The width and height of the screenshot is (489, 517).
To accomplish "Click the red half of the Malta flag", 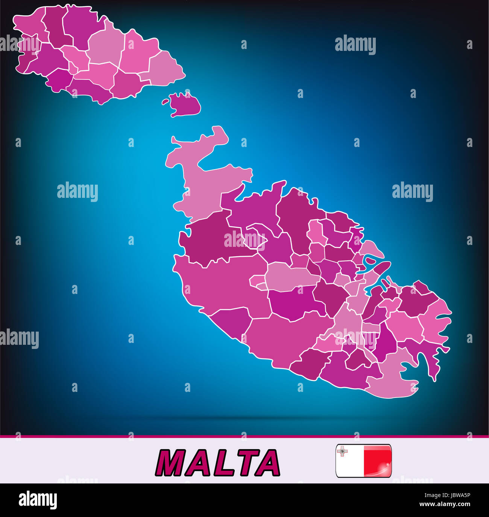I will pyautogui.click(x=377, y=460).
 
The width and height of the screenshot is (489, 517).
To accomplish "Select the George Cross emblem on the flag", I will pyautogui.click(x=342, y=451).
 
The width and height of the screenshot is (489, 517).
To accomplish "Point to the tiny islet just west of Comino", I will pyautogui.click(x=165, y=102).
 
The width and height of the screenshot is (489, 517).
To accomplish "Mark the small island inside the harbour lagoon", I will pyautogui.click(x=370, y=260).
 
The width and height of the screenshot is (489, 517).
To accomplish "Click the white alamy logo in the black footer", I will pyautogui.click(x=38, y=500).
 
